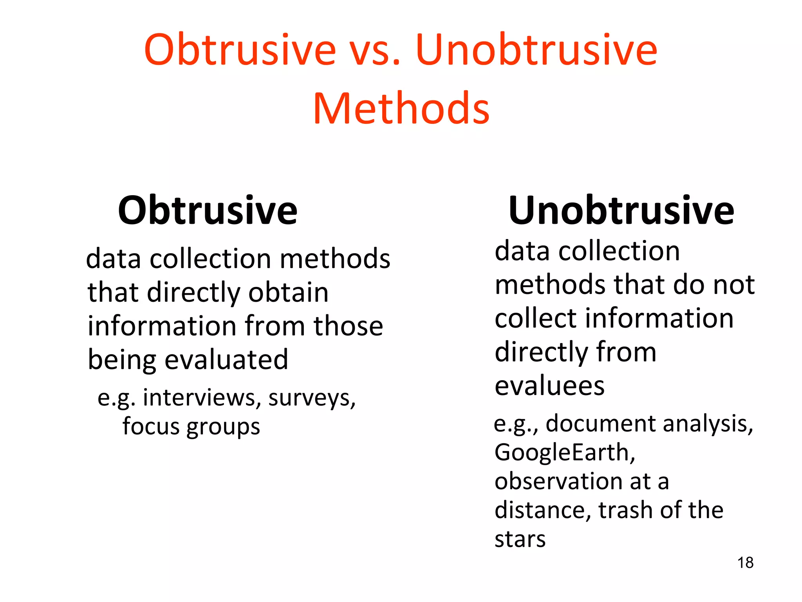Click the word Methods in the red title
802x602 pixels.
click(x=401, y=108)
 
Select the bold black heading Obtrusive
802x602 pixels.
click(x=208, y=210)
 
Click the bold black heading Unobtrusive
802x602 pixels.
click(x=621, y=210)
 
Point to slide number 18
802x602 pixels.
click(x=745, y=563)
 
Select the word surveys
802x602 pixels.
click(x=312, y=398)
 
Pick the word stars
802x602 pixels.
click(x=520, y=540)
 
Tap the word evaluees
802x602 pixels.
click(x=549, y=386)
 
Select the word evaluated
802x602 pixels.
click(x=226, y=360)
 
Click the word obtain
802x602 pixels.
click(x=288, y=292)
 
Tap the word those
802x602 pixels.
click(x=348, y=326)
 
